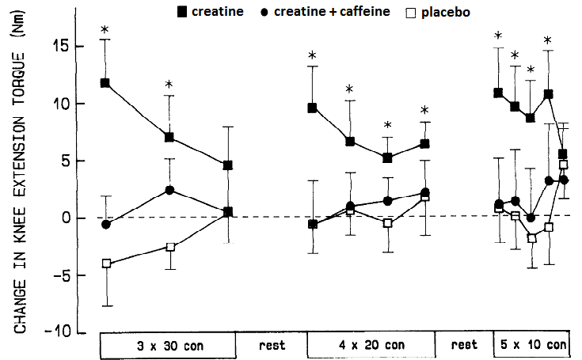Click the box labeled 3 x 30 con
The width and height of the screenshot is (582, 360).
(x=168, y=346)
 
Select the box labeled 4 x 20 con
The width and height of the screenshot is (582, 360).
(x=370, y=346)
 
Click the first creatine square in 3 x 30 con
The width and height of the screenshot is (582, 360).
(x=105, y=82)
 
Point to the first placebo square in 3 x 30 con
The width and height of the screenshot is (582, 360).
(x=105, y=263)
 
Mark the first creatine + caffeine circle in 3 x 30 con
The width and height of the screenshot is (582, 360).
(x=105, y=225)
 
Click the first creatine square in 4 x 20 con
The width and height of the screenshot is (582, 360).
(x=313, y=108)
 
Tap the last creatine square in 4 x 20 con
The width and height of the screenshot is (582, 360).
(x=425, y=144)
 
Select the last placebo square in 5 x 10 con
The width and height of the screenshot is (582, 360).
(x=564, y=165)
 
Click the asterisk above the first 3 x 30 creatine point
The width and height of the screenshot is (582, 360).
(x=105, y=32)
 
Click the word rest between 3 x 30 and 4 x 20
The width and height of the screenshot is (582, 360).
(x=272, y=346)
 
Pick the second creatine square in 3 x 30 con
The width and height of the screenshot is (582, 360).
(x=169, y=137)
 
